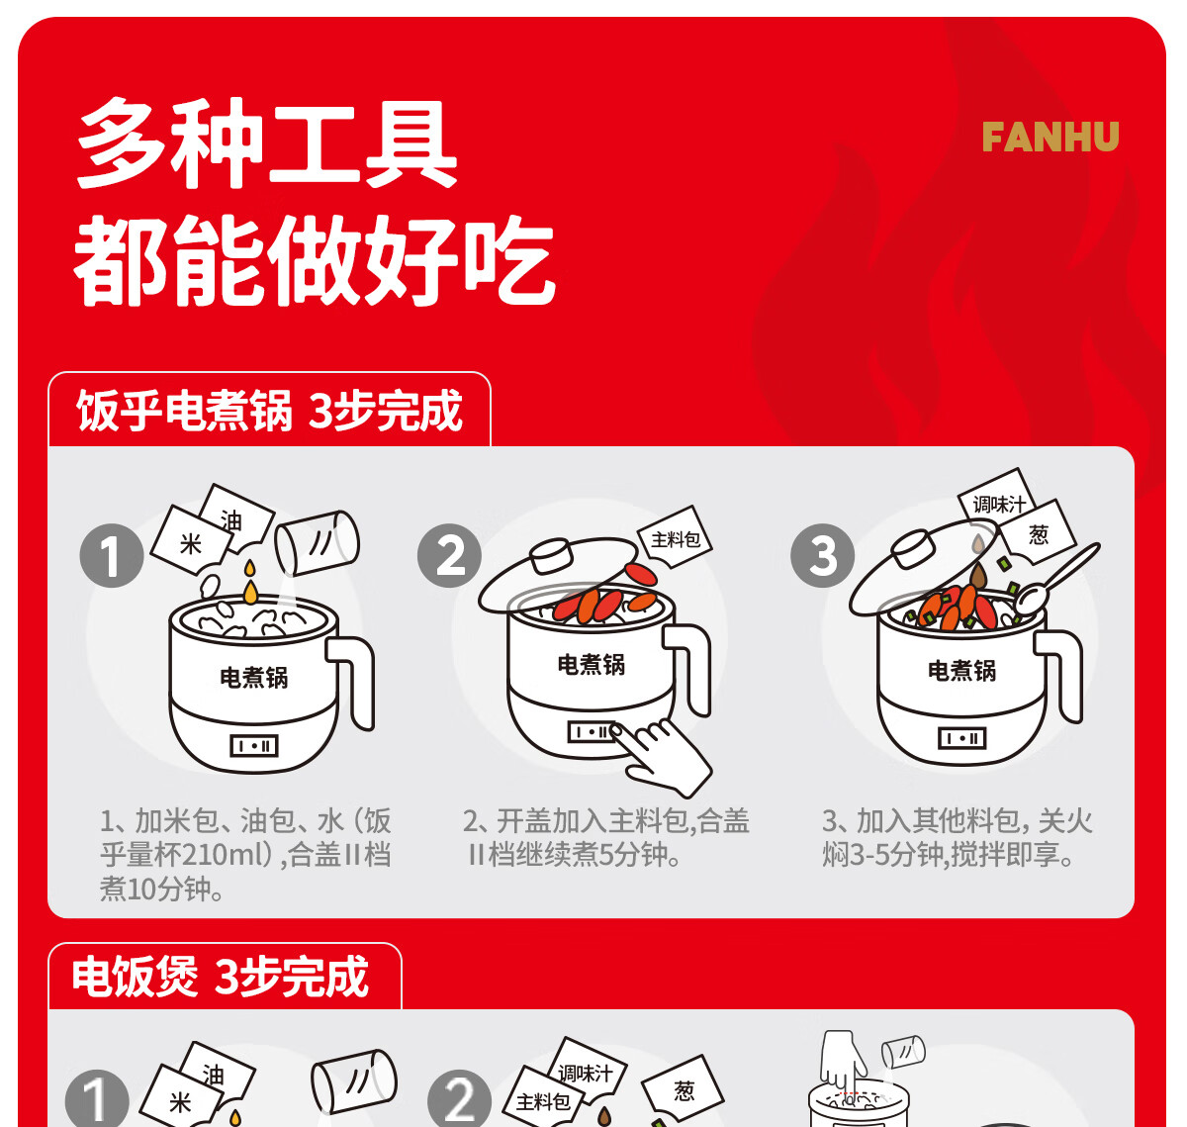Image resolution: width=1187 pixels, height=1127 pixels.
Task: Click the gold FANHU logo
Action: point(1050,137)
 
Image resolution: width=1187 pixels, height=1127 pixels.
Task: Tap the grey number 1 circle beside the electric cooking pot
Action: point(112,556)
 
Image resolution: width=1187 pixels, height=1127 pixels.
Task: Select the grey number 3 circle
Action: point(822,556)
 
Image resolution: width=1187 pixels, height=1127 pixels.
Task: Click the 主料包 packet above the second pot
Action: point(675,538)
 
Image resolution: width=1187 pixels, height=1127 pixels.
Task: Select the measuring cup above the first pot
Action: point(317,542)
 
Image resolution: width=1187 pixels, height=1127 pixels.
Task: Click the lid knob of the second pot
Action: point(551,555)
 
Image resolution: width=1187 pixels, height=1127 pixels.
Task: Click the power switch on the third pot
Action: point(962,738)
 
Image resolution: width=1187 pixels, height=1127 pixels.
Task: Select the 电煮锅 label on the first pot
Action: point(253,678)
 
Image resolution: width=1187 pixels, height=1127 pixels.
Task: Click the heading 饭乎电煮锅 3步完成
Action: point(269,411)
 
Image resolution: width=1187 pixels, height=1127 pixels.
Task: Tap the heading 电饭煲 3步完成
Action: point(221,977)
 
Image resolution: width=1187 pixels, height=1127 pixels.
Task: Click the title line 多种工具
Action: point(267,143)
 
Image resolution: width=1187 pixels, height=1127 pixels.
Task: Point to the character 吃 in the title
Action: point(511,261)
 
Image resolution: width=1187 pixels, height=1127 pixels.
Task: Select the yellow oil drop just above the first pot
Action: point(250,592)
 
